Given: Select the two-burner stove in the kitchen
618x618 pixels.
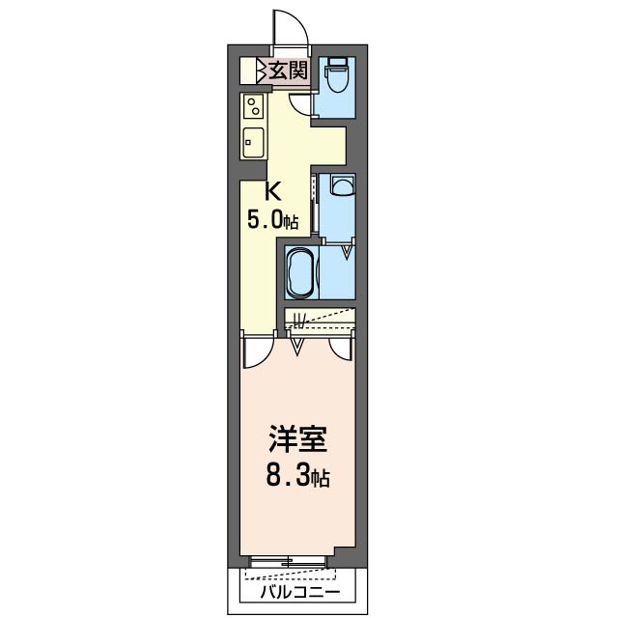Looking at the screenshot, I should point(253,106).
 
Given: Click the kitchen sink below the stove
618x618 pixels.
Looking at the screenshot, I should point(253,143).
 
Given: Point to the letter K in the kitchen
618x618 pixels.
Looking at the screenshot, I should point(273,192).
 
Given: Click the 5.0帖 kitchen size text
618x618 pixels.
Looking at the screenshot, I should point(273,219).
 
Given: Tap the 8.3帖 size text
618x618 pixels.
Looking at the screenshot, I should point(297,475).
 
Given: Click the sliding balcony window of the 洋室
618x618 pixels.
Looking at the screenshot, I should point(287,561).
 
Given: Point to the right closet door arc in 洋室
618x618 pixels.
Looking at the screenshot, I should point(340,349).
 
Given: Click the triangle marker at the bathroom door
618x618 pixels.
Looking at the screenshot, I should point(346,254).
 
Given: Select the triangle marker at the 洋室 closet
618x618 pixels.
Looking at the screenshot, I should point(298,342).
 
